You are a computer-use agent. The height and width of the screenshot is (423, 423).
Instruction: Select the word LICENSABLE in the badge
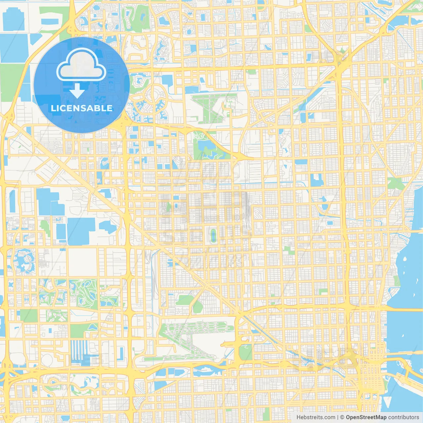82,108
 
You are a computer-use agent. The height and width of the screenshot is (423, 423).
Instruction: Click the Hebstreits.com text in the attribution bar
316,417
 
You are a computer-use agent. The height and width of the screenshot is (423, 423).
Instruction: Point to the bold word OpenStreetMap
366,417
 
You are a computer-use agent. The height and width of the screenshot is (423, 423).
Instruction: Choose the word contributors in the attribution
404,417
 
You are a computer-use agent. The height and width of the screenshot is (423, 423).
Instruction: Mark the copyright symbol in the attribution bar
342,417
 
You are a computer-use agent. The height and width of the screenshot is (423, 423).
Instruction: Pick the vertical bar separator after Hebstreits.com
337,417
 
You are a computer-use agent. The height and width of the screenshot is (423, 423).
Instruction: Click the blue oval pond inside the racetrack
213,236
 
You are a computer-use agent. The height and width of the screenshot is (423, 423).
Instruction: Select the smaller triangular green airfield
211,107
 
